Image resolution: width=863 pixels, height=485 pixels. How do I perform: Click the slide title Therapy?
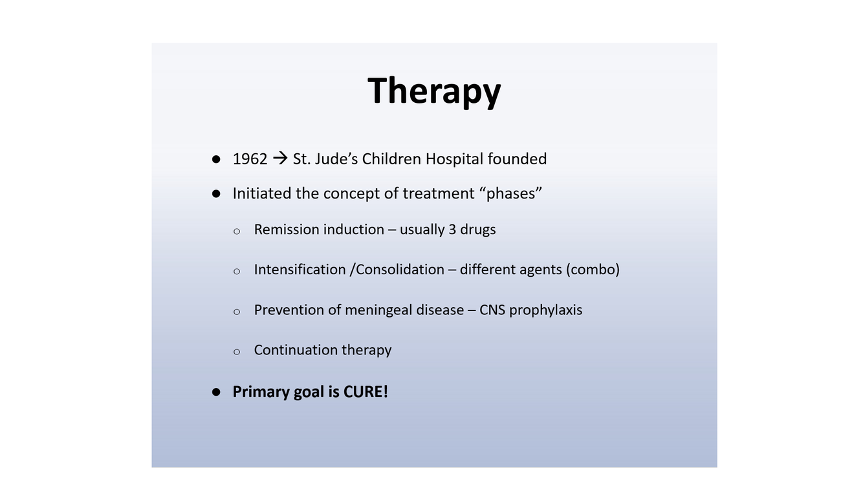(434, 92)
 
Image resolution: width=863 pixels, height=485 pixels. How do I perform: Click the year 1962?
(250, 159)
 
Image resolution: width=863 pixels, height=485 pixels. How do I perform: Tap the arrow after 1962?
(280, 158)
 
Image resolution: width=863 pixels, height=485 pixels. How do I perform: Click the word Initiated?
(262, 193)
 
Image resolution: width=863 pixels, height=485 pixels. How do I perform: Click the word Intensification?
(300, 270)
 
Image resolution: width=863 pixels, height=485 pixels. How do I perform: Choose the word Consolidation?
(400, 270)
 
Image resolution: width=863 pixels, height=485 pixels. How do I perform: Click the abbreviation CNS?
(492, 310)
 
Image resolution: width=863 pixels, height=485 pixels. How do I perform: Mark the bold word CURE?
(366, 392)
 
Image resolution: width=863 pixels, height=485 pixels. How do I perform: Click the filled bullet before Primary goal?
(216, 392)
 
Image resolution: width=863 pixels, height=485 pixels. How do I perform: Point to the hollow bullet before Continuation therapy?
(237, 352)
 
